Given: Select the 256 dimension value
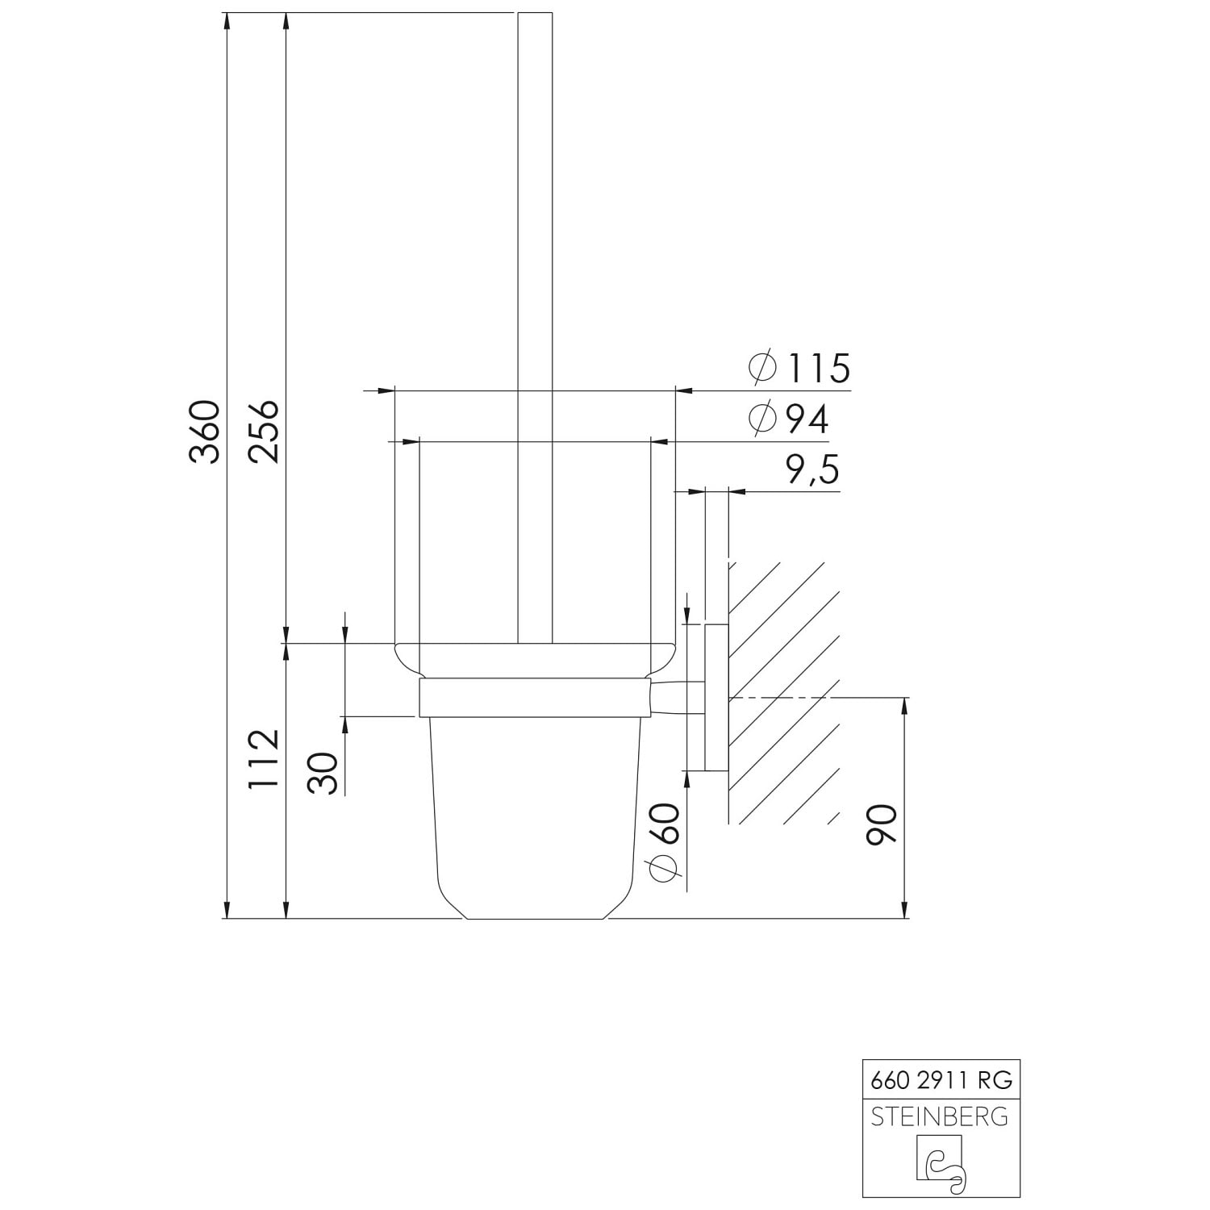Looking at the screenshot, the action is [264, 432].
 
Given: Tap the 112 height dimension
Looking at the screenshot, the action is [264, 759].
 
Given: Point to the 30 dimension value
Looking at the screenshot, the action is [323, 773].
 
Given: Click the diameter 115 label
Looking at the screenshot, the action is [799, 369].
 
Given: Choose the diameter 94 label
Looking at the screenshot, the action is [788, 419].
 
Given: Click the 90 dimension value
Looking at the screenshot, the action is [881, 824].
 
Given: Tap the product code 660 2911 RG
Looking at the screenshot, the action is [941, 1079].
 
